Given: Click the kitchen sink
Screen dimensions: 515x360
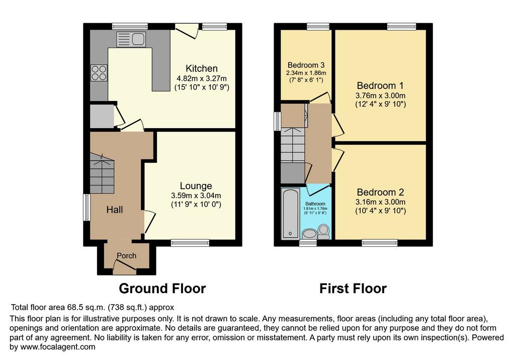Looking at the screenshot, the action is coord(131,39).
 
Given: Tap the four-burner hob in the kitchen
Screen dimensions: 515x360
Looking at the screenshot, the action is coord(99,73).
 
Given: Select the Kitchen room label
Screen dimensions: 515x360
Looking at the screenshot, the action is coord(202,68).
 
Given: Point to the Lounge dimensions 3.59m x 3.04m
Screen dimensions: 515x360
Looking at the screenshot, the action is coord(196,196).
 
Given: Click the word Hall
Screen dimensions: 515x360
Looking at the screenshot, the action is coord(115,210).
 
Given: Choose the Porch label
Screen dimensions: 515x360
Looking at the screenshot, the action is coord(126,255).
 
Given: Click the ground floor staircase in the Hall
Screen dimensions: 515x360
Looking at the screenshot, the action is coord(102,174).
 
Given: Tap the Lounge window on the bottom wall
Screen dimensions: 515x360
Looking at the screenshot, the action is coord(190,243).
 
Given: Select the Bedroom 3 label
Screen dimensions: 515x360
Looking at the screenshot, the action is coord(306,65).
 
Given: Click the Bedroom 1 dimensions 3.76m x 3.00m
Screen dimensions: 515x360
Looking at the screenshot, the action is coord(380,96).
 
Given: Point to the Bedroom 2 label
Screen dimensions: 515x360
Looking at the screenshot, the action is coord(380,192).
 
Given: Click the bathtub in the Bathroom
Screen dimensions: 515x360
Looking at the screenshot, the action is coord(291,213).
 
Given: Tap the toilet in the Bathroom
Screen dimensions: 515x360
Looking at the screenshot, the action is coord(324,232).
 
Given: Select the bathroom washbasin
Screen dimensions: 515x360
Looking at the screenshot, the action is coord(309,234).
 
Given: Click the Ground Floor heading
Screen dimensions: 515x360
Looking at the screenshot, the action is coord(162,289).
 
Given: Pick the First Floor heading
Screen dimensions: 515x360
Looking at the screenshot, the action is coord(353,289).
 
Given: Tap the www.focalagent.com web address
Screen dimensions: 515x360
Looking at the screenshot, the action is coord(58,346).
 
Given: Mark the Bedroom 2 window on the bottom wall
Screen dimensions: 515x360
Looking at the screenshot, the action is coord(380,243).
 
